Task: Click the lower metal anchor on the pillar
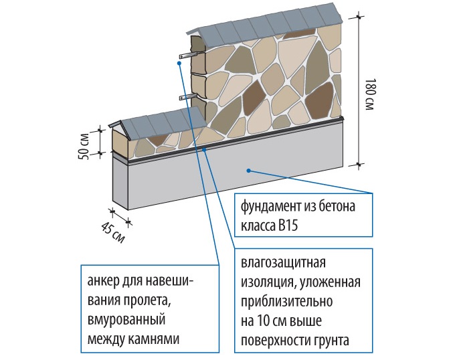pos(187,98)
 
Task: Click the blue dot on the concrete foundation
pos(248,171)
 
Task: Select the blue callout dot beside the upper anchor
pos(179,64)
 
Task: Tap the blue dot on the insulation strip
pos(205,148)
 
